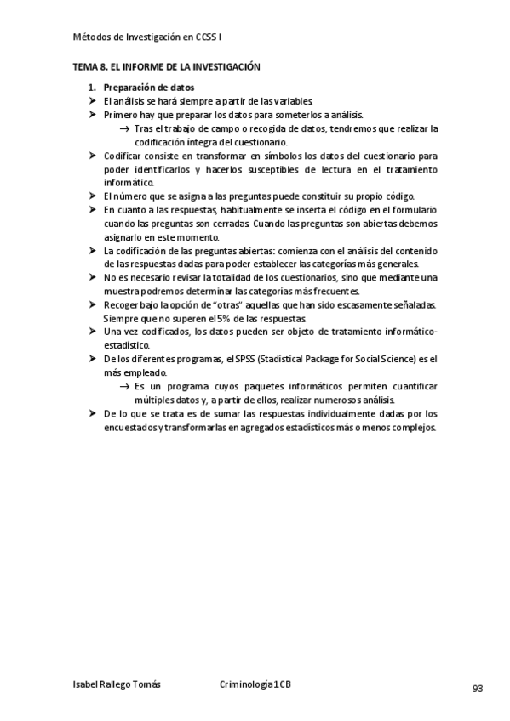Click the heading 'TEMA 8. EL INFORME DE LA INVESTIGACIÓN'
pos(166,66)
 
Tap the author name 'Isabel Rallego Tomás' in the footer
pos(117,684)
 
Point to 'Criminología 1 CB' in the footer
pos(255,684)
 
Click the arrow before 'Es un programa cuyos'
pos(125,387)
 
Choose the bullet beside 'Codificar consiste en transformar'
pos(94,156)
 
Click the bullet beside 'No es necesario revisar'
pos(94,277)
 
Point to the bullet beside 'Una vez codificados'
pos(94,331)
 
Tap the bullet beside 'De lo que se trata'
pos(94,414)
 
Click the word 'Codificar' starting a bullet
pos(123,156)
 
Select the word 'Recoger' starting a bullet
pos(121,304)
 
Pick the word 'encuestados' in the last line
pos(129,428)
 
